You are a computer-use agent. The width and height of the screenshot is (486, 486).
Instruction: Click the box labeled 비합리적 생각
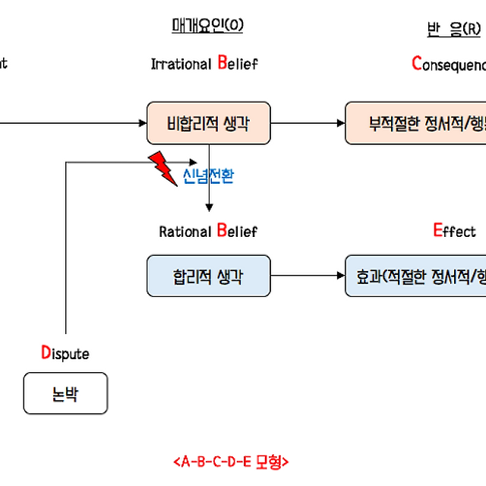[x=208, y=122]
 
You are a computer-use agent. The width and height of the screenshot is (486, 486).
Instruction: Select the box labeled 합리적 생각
[x=208, y=276]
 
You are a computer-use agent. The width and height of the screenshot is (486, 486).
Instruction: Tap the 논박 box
[x=65, y=393]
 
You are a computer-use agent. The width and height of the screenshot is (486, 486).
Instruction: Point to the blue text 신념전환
[x=209, y=176]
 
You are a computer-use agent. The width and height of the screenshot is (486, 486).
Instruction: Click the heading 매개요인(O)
[x=207, y=26]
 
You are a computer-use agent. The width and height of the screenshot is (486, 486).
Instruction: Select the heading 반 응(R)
[x=453, y=29]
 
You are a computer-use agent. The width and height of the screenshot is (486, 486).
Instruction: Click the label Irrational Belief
[x=204, y=64]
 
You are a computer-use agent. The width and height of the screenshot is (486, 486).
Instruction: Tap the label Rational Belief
[x=208, y=231]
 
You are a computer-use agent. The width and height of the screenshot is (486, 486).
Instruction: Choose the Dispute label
[x=65, y=353]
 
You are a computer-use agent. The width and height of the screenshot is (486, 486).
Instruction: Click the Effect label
[x=454, y=231]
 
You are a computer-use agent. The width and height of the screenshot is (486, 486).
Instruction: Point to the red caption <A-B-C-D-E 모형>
[x=232, y=461]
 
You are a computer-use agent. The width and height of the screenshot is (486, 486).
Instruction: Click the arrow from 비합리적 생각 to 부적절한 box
[x=308, y=122]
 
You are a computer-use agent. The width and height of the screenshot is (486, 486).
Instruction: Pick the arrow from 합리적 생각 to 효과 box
[x=308, y=276]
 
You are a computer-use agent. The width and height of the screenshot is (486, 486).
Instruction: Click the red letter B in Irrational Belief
[x=222, y=63]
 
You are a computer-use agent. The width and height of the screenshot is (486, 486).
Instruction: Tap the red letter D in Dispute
[x=46, y=352]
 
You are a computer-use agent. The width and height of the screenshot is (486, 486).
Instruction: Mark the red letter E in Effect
[x=437, y=230]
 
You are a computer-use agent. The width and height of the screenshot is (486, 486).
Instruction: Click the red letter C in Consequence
[x=416, y=63]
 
